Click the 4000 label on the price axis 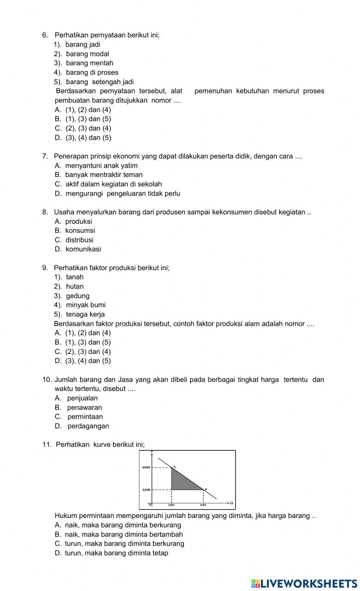tap(146, 467)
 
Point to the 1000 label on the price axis tap(146, 490)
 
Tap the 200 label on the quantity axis tap(171, 505)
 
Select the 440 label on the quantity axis tap(203, 505)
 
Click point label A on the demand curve tap(175, 467)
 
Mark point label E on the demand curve tap(206, 489)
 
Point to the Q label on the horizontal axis tap(231, 503)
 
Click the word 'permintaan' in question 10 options tap(85, 417)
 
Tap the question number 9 tap(45, 268)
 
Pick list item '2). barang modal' tap(81, 54)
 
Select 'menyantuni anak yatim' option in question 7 tap(101, 165)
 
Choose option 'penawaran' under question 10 tap(85, 408)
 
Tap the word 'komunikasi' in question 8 tap(83, 249)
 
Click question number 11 tap(47, 444)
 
